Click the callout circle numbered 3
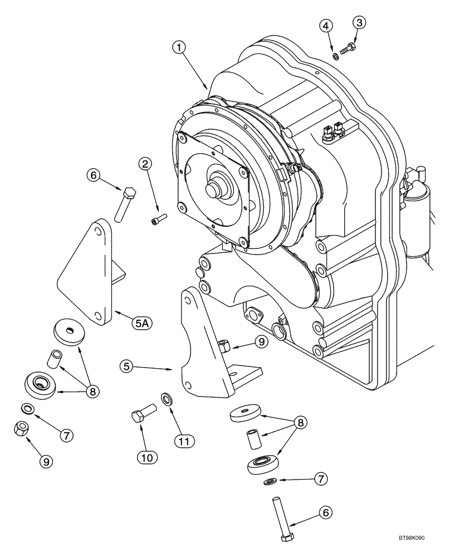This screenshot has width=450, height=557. pos(359,23)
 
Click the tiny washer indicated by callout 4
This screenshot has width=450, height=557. pos(336,56)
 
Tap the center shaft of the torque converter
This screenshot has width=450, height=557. pos(214,189)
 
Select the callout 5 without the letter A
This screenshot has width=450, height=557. pos(127,366)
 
